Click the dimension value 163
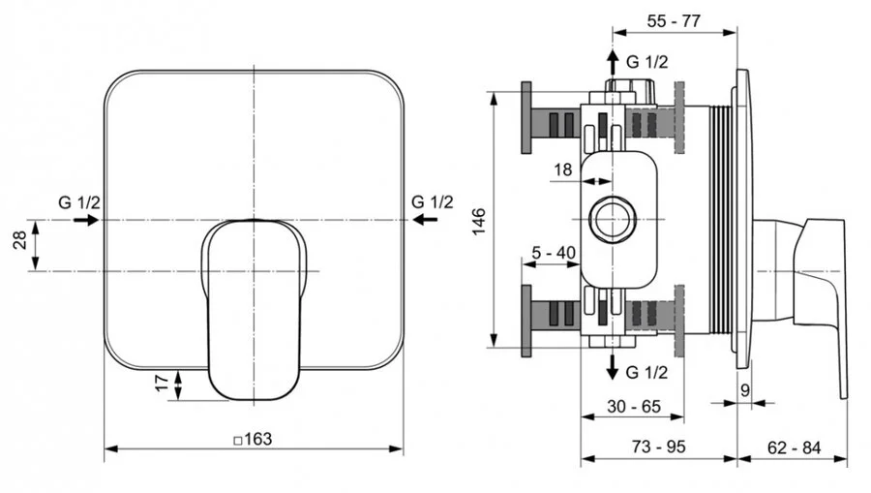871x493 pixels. (x=254, y=439)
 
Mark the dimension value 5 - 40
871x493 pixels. (x=555, y=254)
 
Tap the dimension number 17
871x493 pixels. (x=162, y=385)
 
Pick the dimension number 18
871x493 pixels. (x=562, y=170)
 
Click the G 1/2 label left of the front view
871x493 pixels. (x=77, y=202)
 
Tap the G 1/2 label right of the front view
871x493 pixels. (x=432, y=202)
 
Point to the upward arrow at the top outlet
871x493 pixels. (x=613, y=61)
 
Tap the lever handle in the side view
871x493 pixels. (x=818, y=291)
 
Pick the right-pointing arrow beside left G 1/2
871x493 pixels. (x=84, y=221)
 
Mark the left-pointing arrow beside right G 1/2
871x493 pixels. (x=425, y=221)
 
